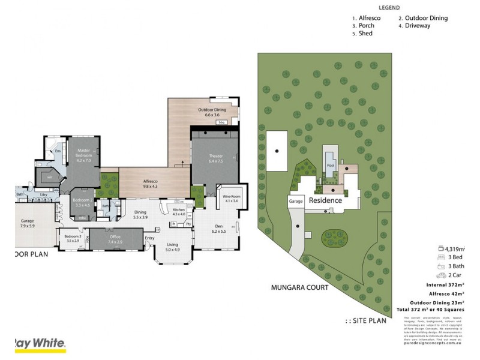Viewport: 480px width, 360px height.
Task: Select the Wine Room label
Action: tap(231, 199)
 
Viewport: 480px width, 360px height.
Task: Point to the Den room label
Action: tap(219, 227)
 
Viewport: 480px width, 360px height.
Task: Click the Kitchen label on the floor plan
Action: tap(179, 211)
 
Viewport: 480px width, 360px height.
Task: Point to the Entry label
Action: tap(149, 238)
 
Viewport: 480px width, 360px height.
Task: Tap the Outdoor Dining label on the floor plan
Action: tap(212, 112)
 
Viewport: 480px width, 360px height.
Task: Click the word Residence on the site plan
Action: tap(325, 200)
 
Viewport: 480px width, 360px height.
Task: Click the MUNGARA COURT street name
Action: tap(300, 288)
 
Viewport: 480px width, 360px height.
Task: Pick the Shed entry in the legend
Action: tap(362, 34)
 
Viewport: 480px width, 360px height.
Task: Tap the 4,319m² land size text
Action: tap(456, 248)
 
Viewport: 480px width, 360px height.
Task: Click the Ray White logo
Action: tap(37, 344)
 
